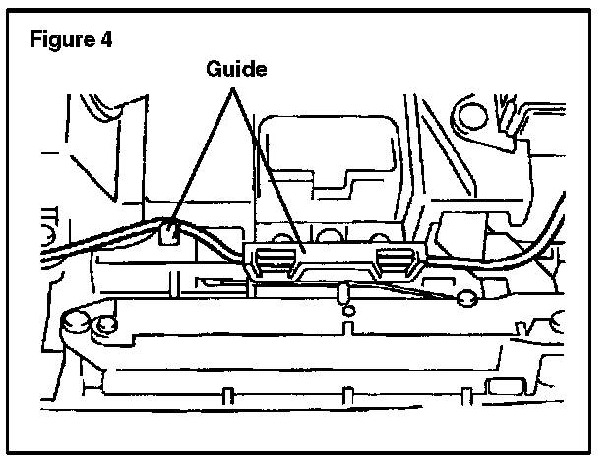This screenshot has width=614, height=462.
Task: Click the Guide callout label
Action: [x=237, y=69]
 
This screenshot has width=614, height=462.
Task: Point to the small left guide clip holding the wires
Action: [x=168, y=234]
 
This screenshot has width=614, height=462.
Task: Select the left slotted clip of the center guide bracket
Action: [x=273, y=260]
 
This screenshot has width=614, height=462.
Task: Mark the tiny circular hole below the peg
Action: [x=345, y=313]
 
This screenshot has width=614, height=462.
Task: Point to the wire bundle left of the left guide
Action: [x=89, y=248]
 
